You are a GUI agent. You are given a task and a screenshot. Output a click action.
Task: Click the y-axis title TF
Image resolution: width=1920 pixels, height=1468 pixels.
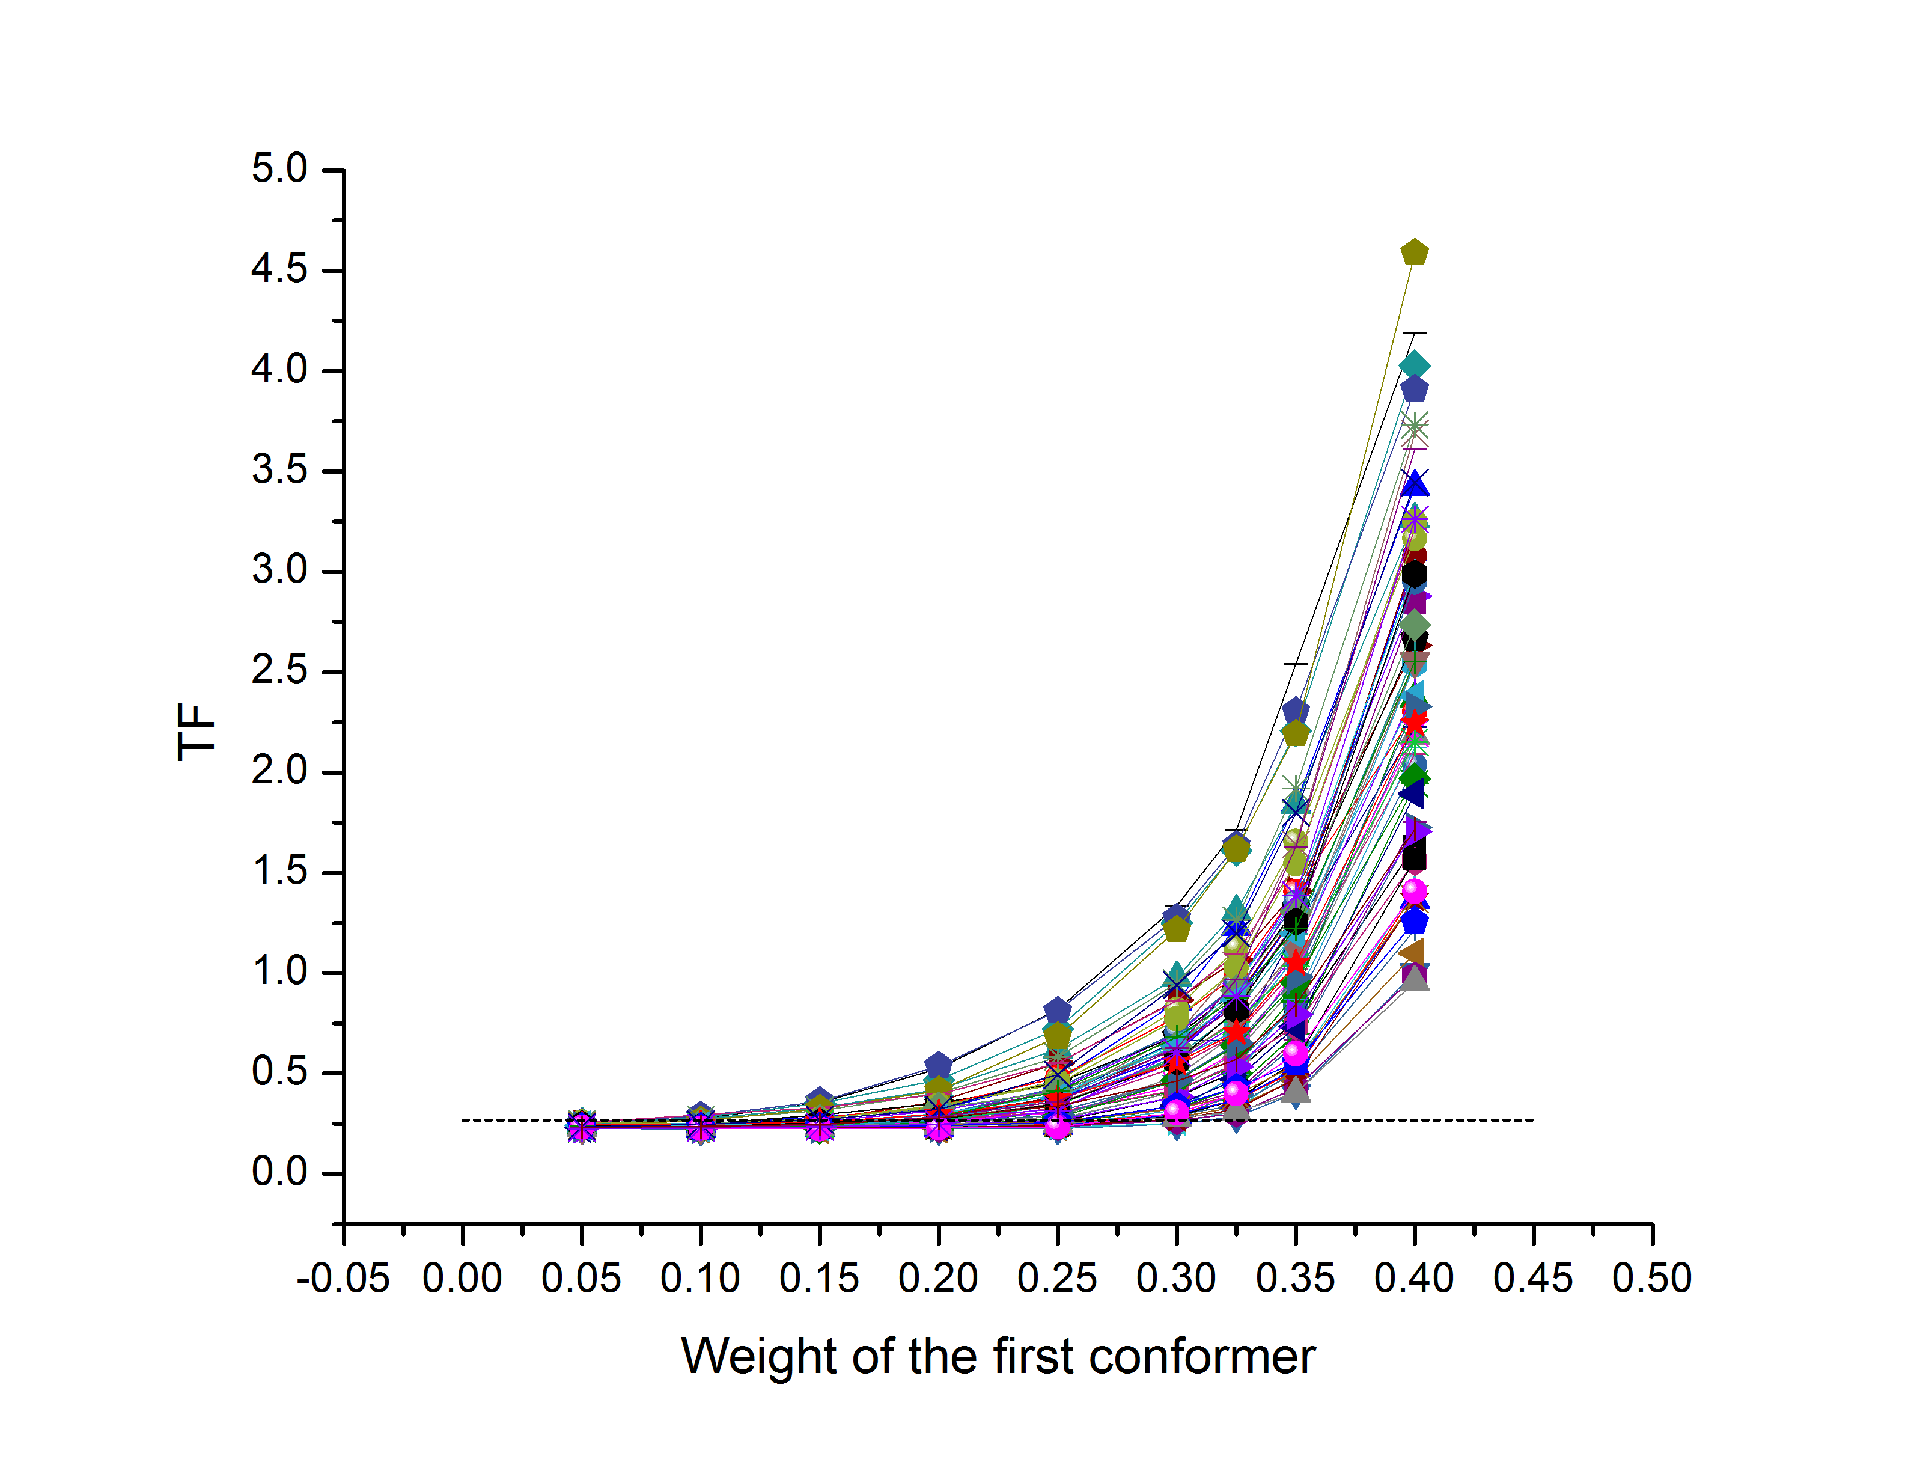click(196, 732)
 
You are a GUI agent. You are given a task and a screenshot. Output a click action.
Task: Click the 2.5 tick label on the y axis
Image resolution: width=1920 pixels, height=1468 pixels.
click(279, 670)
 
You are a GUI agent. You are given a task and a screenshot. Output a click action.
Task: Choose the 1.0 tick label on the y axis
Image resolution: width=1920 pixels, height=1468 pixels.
click(279, 971)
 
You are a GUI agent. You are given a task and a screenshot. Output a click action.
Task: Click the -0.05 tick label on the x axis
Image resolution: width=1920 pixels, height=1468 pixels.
click(343, 1279)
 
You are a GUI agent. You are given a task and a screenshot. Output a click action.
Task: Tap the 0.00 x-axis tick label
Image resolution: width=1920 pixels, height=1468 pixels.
click(462, 1279)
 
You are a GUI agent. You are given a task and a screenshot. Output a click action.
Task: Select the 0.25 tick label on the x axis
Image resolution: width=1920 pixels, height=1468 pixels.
click(1057, 1279)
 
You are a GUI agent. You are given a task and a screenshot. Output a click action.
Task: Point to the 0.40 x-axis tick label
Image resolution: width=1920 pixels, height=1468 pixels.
click(1413, 1279)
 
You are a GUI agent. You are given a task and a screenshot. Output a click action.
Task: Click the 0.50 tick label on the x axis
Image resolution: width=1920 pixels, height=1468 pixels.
click(1652, 1279)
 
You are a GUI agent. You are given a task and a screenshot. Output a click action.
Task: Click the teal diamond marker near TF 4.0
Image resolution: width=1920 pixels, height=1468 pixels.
click(1414, 365)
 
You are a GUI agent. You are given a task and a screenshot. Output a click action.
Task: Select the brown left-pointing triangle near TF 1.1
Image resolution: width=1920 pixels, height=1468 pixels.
click(1412, 952)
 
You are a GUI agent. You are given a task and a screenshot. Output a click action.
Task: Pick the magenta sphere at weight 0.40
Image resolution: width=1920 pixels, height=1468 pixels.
click(1414, 892)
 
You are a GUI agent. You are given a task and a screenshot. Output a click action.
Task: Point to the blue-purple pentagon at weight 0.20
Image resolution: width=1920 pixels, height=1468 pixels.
click(938, 1065)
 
